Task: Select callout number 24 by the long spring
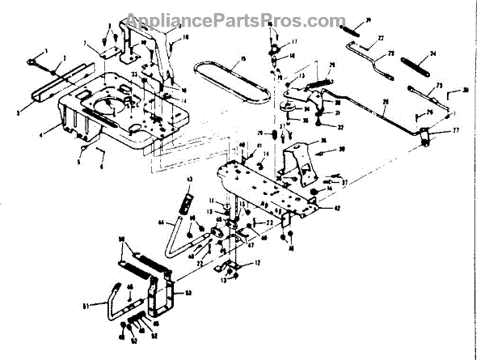coord(432,55)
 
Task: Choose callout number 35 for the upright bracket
coord(323,141)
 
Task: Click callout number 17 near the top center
coord(294,41)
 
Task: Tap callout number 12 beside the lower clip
coord(257,264)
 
